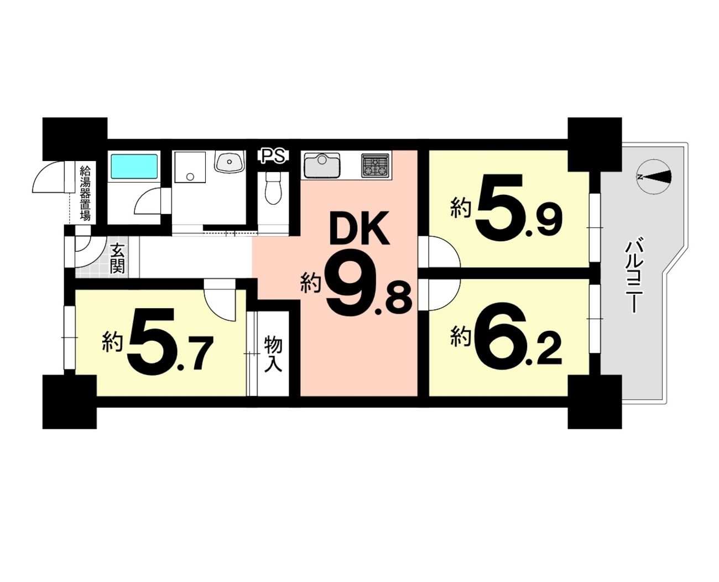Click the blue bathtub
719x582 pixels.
click(x=134, y=167)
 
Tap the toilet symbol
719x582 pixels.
click(x=273, y=188)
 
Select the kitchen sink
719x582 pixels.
click(x=322, y=165)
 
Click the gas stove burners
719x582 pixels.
click(x=374, y=165)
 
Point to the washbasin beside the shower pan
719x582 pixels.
click(x=229, y=162)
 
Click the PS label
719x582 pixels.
click(x=274, y=157)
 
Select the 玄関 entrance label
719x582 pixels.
click(x=118, y=258)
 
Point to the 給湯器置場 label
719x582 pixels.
click(x=85, y=193)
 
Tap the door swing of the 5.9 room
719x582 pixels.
click(x=444, y=252)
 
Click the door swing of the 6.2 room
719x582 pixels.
click(x=444, y=294)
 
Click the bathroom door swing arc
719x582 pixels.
click(x=148, y=201)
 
